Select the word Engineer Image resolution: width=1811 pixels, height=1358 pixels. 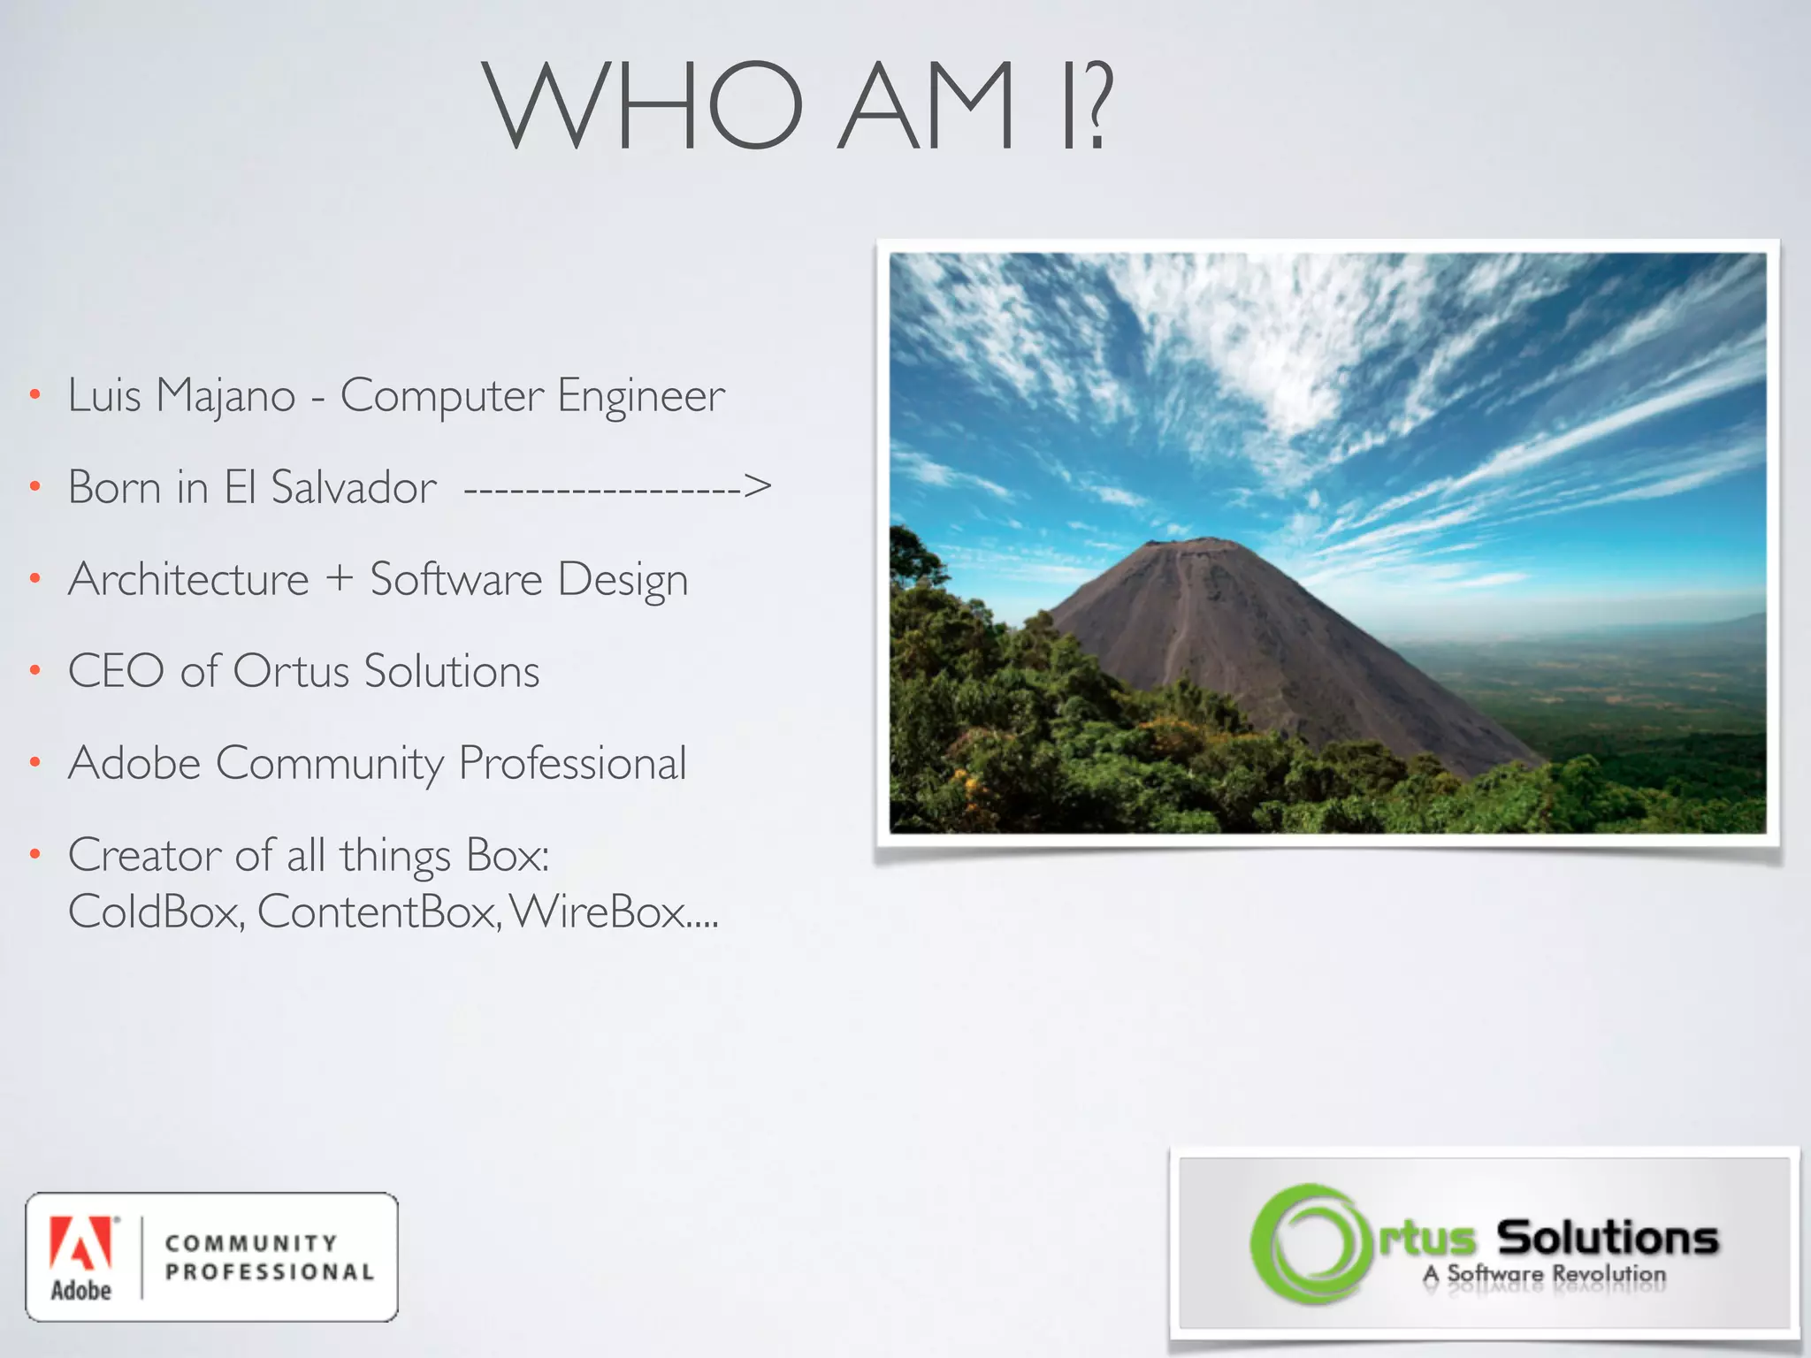tap(640, 396)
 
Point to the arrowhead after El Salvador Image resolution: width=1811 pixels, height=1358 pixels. tap(757, 485)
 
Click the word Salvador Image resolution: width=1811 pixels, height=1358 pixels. tap(354, 487)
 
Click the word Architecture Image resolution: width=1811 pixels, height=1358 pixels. tap(188, 579)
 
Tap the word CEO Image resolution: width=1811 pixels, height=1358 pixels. tap(116, 671)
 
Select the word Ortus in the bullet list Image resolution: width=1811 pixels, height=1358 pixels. tap(292, 671)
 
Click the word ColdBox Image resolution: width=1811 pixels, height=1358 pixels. tap(156, 912)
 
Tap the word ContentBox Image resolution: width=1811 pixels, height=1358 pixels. tap(378, 912)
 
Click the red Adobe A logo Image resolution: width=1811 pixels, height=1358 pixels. tap(81, 1242)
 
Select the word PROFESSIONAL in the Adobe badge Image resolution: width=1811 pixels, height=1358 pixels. tap(270, 1272)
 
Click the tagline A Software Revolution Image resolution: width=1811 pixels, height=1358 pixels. tap(1544, 1275)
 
